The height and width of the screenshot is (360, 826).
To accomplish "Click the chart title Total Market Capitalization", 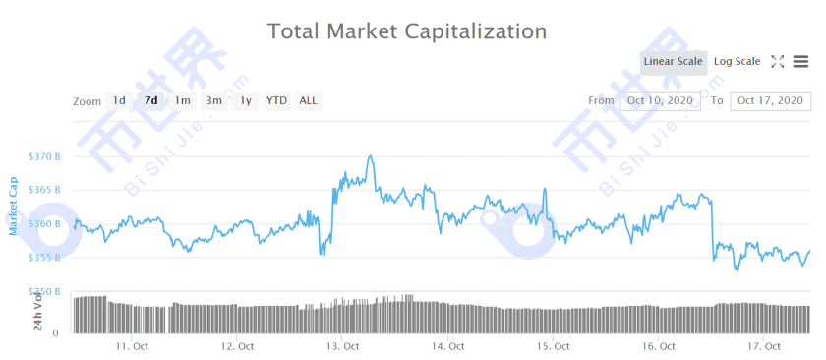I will pyautogui.click(x=407, y=30).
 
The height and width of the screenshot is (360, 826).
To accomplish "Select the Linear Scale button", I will pyautogui.click(x=673, y=62).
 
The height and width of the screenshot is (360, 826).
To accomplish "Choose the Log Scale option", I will pyautogui.click(x=737, y=62).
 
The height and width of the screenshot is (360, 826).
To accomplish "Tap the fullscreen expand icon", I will pyautogui.click(x=778, y=62).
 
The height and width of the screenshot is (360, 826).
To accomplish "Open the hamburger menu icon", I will pyautogui.click(x=800, y=62).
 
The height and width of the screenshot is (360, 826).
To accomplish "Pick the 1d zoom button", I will pyautogui.click(x=119, y=100).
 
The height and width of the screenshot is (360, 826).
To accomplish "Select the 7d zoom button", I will pyautogui.click(x=150, y=100).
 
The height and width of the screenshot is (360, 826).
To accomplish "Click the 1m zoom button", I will pyautogui.click(x=182, y=100).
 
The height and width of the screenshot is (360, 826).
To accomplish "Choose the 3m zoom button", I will pyautogui.click(x=213, y=100).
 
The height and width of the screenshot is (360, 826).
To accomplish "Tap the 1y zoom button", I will pyautogui.click(x=246, y=100).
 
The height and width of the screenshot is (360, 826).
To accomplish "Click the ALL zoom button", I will pyautogui.click(x=308, y=100).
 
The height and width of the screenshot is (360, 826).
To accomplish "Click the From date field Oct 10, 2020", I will pyautogui.click(x=660, y=100).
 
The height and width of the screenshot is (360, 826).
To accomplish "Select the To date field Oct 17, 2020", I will pyautogui.click(x=770, y=100).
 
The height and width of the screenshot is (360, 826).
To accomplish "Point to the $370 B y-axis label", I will pyautogui.click(x=45, y=156).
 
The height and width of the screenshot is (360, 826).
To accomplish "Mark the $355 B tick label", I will pyautogui.click(x=45, y=258).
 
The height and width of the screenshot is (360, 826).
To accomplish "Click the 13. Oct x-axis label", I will pyautogui.click(x=343, y=346).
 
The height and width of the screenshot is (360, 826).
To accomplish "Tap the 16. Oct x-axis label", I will pyautogui.click(x=658, y=346).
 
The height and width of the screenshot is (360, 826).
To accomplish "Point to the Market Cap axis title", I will pyautogui.click(x=14, y=206).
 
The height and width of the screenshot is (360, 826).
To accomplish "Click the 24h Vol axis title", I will pyautogui.click(x=38, y=312).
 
